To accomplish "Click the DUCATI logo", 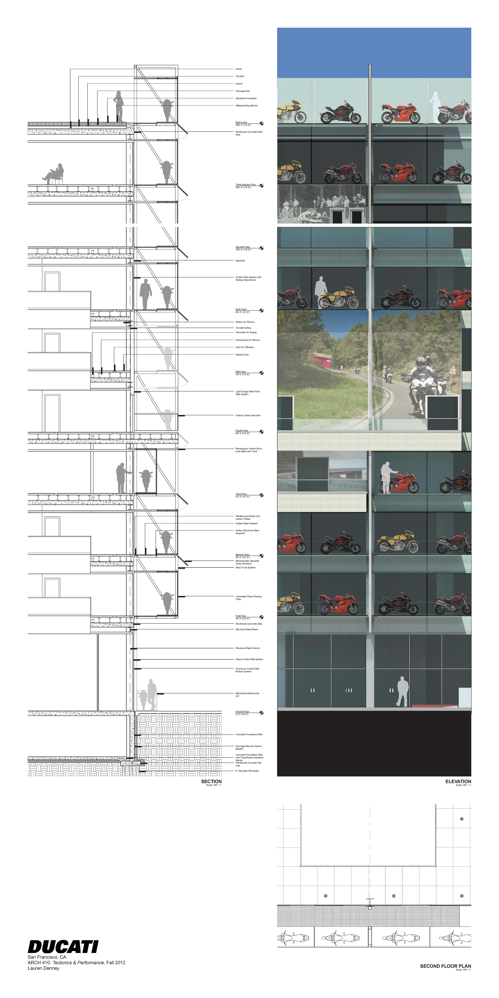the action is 63,946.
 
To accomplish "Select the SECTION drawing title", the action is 211,781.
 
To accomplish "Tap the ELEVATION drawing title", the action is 458,781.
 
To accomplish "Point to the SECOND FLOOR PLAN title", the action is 445,966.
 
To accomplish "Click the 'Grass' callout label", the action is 239,69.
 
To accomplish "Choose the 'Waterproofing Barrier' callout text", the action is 246,105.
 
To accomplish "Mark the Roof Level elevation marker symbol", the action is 261,124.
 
